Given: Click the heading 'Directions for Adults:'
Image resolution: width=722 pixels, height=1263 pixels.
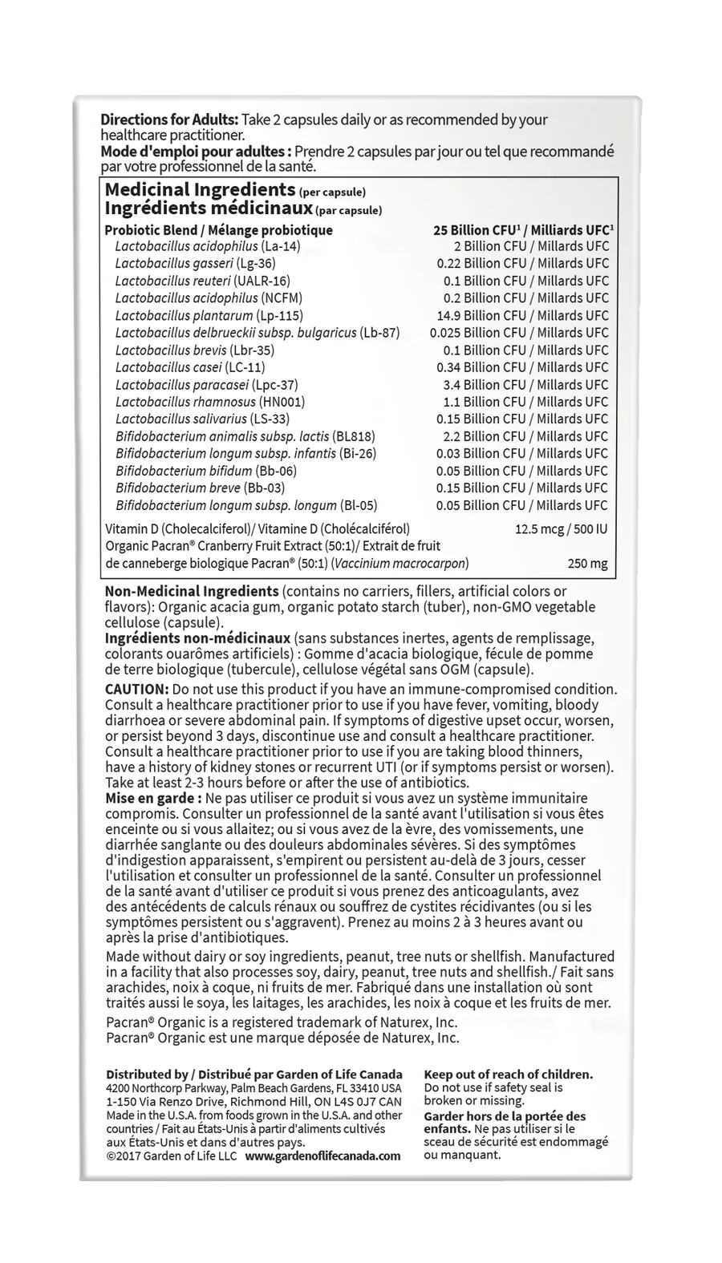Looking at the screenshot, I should pyautogui.click(x=169, y=120).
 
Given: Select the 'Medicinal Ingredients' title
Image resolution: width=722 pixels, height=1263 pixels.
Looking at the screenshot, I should pyautogui.click(x=200, y=190).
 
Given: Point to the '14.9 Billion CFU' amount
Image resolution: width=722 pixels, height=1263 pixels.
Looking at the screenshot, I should pyautogui.click(x=481, y=315).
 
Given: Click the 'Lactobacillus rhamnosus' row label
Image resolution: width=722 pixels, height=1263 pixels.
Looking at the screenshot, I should pyautogui.click(x=185, y=402).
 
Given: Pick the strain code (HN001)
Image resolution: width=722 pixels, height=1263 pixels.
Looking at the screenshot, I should pyautogui.click(x=282, y=402).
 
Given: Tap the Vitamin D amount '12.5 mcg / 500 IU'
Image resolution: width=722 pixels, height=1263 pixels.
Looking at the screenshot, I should pyautogui.click(x=561, y=529).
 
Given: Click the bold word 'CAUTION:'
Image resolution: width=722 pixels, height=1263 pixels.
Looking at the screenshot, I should pyautogui.click(x=136, y=690).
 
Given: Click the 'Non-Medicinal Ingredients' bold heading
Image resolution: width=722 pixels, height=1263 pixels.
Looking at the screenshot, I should pyautogui.click(x=192, y=592).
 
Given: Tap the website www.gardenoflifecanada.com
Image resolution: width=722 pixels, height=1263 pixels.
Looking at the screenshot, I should pyautogui.click(x=322, y=1156).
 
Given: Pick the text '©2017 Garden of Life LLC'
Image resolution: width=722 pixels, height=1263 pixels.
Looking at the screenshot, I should pyautogui.click(x=172, y=1156).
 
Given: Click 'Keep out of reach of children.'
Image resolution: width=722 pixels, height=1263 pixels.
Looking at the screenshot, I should pyautogui.click(x=508, y=1075).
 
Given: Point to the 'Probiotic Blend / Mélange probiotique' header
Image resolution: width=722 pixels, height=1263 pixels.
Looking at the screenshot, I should pyautogui.click(x=218, y=230).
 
